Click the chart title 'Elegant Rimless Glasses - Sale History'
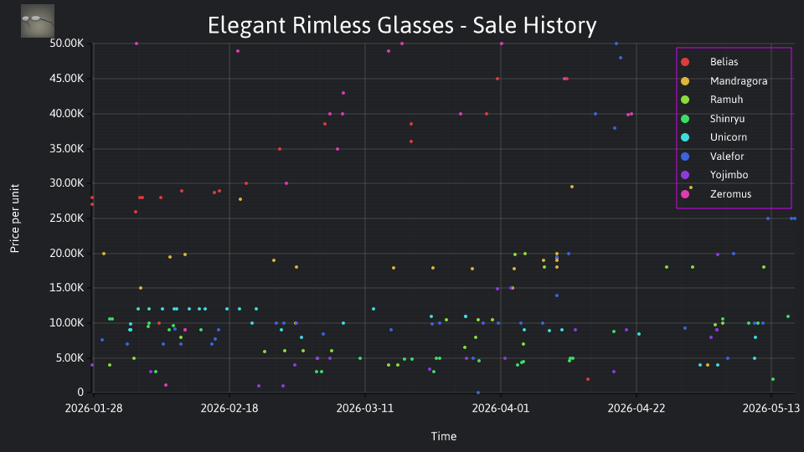tap(402, 25)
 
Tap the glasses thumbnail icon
tap(38, 21)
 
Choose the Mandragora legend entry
tap(724, 81)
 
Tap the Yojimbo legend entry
tap(714, 175)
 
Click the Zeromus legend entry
tap(716, 193)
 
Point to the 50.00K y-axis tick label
tap(67, 44)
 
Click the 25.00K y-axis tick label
tap(67, 218)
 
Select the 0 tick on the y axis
tap(80, 393)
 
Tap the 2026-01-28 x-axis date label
tap(94, 408)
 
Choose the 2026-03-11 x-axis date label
tap(364, 408)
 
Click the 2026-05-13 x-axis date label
tap(771, 408)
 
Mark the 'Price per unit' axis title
tap(15, 218)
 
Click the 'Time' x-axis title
tap(444, 436)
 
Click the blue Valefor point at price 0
tap(478, 393)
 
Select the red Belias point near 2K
tap(588, 379)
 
